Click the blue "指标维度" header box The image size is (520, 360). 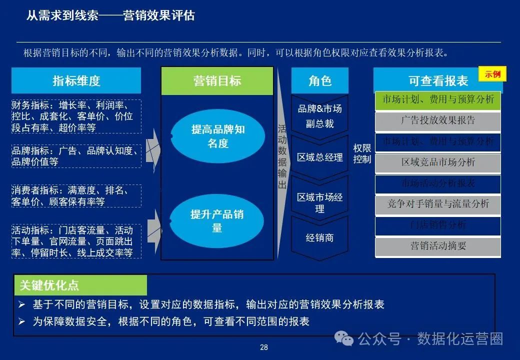tap(76, 80)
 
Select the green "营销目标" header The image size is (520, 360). tap(217, 81)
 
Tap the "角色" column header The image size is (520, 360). tap(320, 80)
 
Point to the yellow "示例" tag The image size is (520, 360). tap(492, 74)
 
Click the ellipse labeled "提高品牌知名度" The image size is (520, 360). tap(217, 136)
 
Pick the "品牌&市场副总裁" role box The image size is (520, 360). tap(319, 116)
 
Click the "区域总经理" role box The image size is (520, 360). tap(319, 157)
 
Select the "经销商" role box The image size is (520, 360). tap(319, 238)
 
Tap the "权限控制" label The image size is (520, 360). tap(362, 153)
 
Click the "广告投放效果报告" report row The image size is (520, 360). tap(438, 120)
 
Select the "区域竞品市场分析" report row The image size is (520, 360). tap(438, 162)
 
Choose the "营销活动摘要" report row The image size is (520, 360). tap(438, 245)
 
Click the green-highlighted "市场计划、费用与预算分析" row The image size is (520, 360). tap(438, 99)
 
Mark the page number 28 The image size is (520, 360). tap(264, 347)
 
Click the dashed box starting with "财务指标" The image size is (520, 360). tap(76, 116)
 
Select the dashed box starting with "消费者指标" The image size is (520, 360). tap(76, 196)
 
